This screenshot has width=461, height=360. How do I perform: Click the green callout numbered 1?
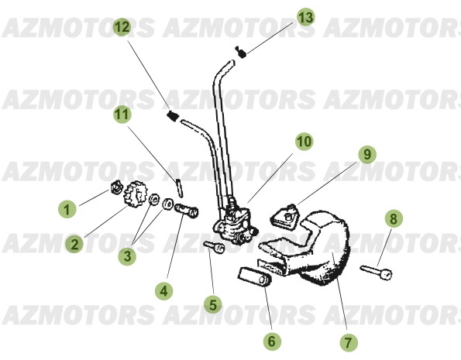(67, 207)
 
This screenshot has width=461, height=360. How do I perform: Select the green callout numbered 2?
(74, 245)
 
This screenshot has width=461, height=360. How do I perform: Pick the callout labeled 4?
(162, 291)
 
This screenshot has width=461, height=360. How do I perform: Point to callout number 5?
(212, 305)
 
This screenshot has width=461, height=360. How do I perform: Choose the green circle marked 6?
(270, 340)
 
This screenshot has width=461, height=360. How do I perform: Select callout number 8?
(394, 219)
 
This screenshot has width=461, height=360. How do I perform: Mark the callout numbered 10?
(303, 142)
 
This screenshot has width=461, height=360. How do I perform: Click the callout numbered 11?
(120, 115)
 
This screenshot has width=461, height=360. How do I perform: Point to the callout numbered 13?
(305, 16)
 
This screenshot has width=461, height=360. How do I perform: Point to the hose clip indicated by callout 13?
(241, 51)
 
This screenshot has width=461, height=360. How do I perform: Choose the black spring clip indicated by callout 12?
(173, 116)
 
